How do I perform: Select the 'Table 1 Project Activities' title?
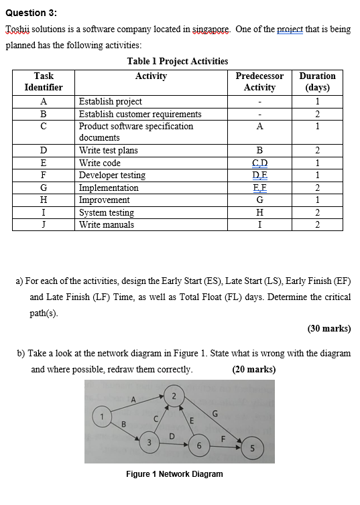tap(177, 61)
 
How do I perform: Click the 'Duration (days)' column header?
tap(317, 82)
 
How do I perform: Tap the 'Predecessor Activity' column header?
tap(259, 82)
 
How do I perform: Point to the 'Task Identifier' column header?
tap(44, 82)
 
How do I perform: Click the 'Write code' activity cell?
tap(100, 163)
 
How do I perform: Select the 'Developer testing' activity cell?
tap(112, 175)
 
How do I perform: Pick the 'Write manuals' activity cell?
tap(107, 224)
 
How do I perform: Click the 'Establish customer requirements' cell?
tap(140, 114)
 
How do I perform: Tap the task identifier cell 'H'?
tap(44, 200)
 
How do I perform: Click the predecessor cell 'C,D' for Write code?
tap(259, 163)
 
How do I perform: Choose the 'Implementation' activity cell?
tap(109, 188)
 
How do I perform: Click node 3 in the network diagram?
tap(150, 443)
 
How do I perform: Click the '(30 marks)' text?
tap(328, 328)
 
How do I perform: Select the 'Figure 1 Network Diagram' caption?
tap(174, 474)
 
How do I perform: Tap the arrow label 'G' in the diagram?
tap(215, 413)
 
